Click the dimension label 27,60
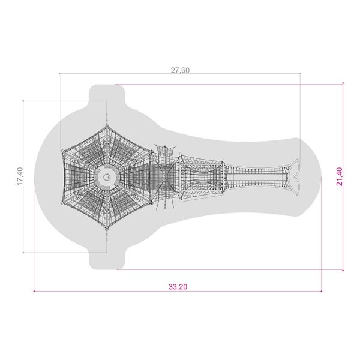coord(180,70)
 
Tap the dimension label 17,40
coord(20,176)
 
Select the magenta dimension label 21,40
coord(340,176)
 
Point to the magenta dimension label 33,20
coord(178,287)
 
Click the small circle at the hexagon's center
coord(107,177)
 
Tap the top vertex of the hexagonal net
coord(107,125)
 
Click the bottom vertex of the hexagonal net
coord(107,229)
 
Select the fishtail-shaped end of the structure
coord(295,177)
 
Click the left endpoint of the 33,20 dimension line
coord(34,292)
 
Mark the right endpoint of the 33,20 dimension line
coord(322,292)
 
